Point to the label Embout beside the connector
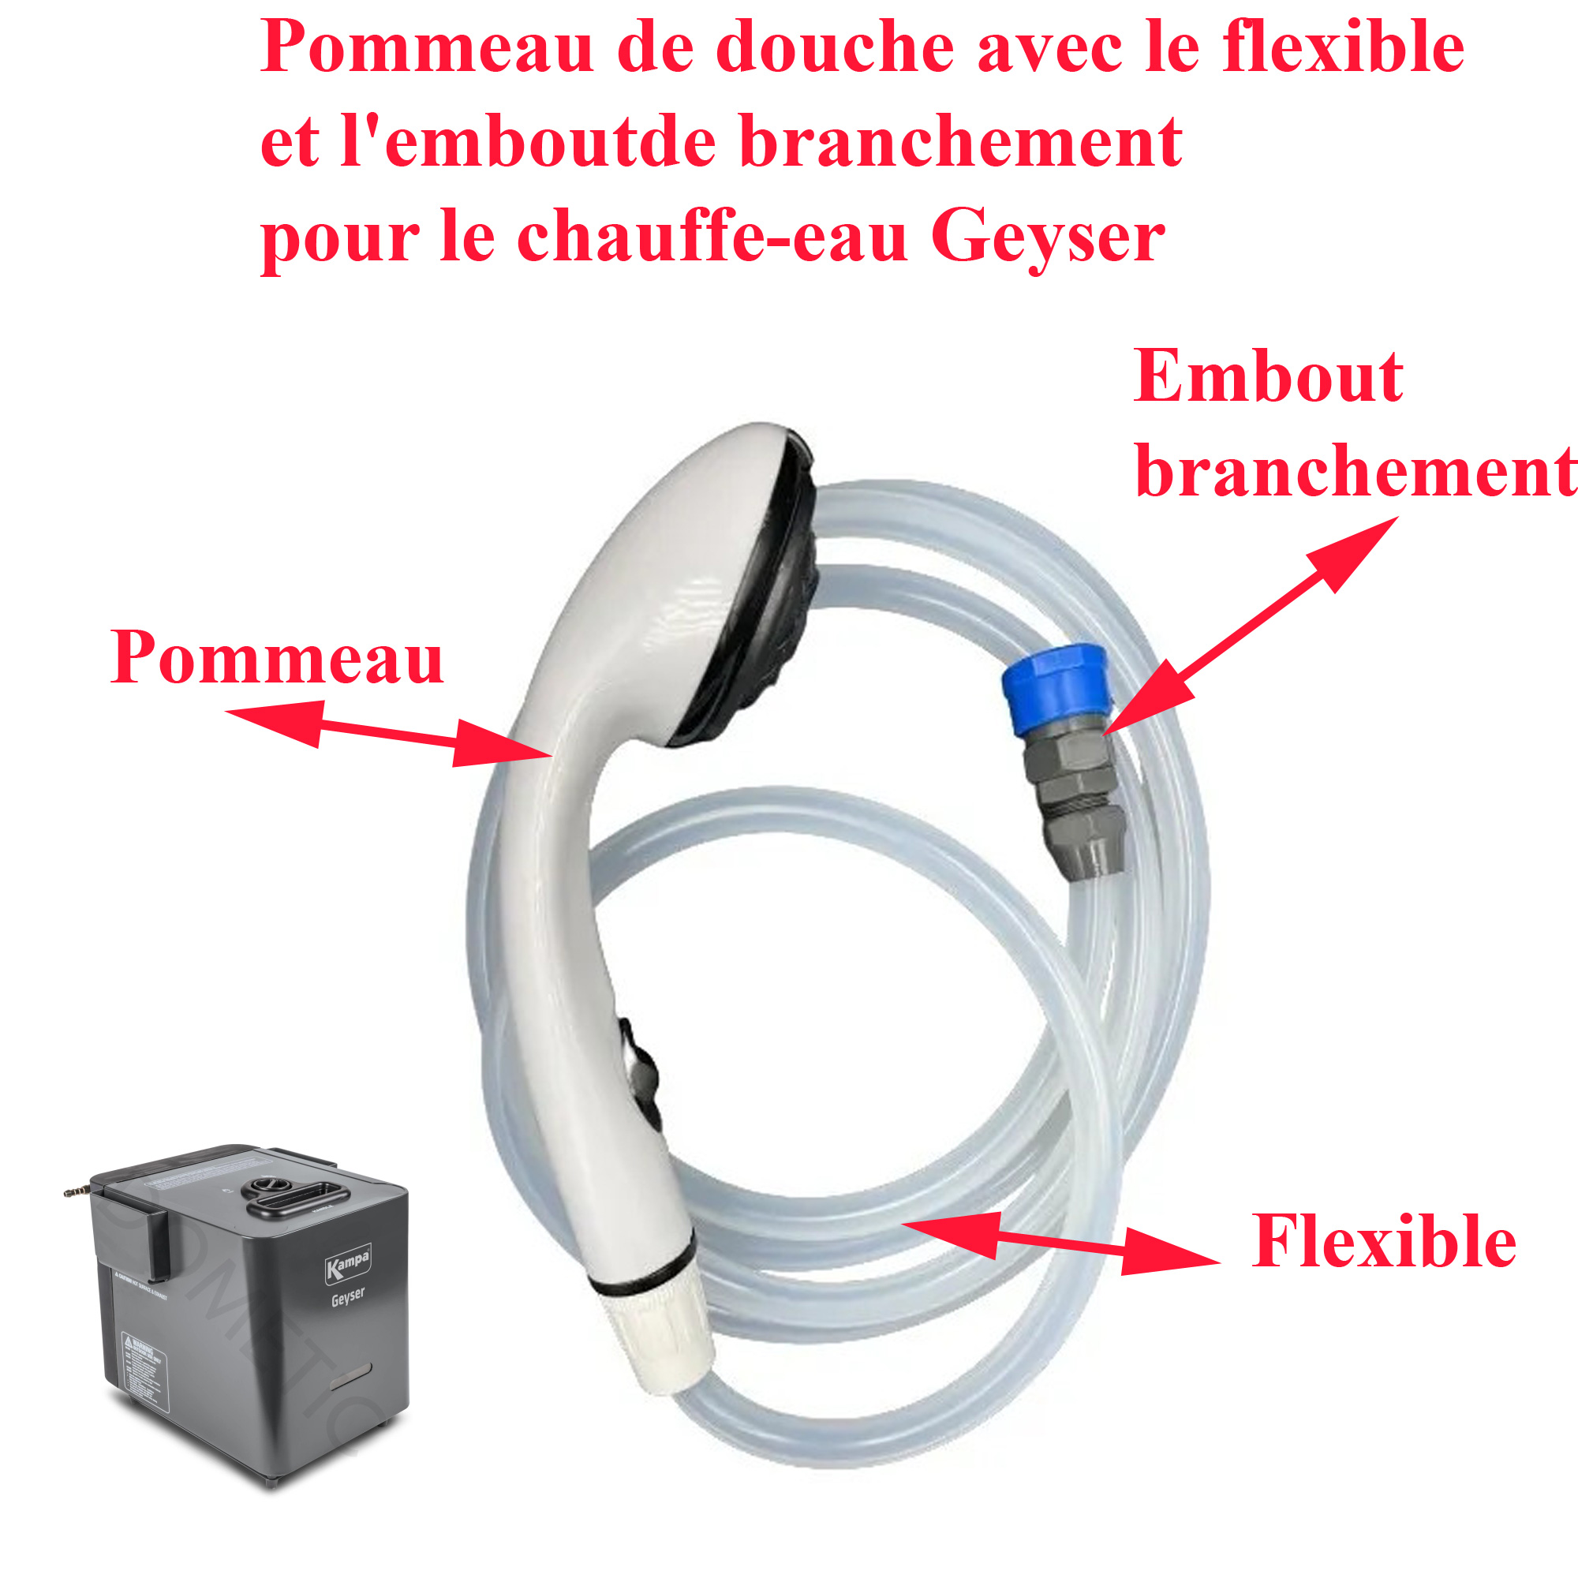click(x=1268, y=377)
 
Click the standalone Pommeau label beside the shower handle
click(x=277, y=658)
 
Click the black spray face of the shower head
click(x=768, y=604)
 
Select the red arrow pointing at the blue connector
click(x=1250, y=625)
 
